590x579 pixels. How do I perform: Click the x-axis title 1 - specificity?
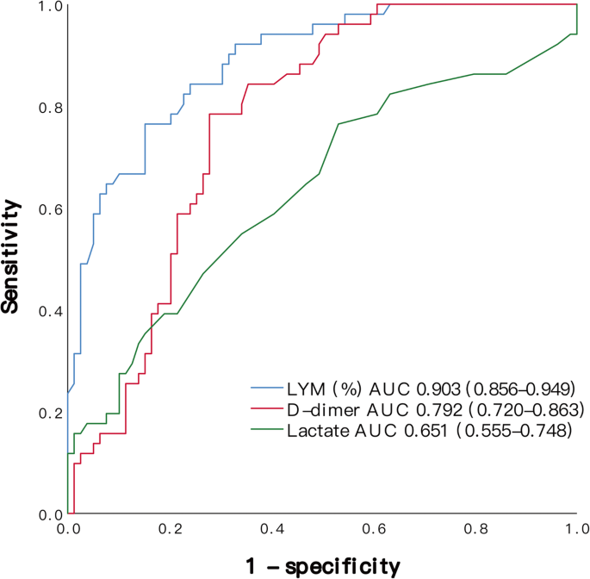point(321,565)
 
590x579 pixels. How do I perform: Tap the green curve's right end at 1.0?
point(575,34)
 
